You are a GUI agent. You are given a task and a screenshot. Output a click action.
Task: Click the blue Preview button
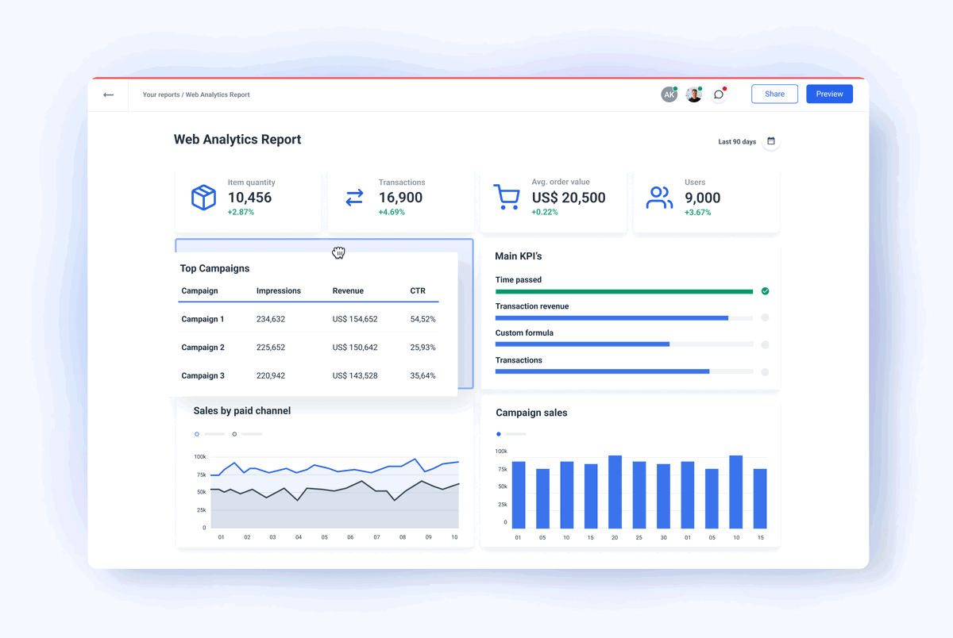tap(829, 94)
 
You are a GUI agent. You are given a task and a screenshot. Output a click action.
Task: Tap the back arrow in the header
tap(108, 95)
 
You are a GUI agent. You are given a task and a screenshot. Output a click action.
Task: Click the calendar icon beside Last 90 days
tap(770, 141)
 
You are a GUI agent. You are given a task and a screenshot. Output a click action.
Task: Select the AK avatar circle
tap(669, 94)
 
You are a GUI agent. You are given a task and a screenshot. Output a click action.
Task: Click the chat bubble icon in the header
tap(719, 94)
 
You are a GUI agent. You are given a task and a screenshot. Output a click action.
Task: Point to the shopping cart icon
tap(506, 197)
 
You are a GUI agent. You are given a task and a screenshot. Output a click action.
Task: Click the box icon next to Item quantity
tap(203, 198)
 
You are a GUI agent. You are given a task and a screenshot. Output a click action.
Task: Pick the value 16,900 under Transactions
tap(400, 198)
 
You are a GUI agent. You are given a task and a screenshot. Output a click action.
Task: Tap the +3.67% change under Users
tap(697, 212)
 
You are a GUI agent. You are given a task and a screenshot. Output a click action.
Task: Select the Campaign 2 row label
tap(203, 348)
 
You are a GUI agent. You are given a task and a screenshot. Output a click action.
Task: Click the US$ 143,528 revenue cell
tap(354, 375)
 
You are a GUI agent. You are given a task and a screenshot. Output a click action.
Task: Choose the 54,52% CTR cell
tap(422, 319)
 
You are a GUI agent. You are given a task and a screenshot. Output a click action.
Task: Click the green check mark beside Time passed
tap(765, 291)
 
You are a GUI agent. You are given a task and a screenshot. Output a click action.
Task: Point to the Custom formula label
tap(524, 333)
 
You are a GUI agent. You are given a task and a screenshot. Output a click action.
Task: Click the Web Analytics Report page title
tap(237, 140)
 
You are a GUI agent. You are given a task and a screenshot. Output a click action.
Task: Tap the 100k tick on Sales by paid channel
tap(199, 457)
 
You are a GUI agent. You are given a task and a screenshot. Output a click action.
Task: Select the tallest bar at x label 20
tap(615, 492)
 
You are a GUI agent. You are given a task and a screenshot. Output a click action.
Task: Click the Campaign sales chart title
tap(531, 413)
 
